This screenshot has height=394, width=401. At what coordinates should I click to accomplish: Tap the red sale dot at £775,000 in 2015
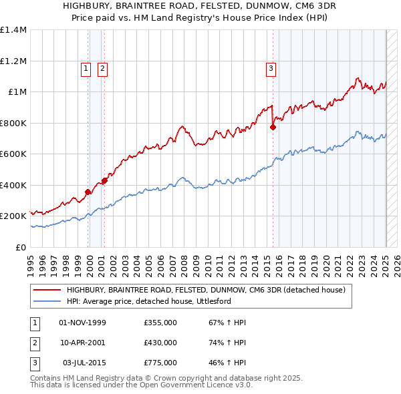point(273,127)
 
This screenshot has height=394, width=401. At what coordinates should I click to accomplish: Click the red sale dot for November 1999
point(88,192)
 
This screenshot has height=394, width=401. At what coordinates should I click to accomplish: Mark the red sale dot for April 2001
point(104,180)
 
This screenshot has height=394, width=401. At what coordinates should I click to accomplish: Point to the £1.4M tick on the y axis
point(13,30)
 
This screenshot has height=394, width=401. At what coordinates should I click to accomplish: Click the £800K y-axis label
point(13,123)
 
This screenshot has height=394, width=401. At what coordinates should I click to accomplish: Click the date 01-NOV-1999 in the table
point(83,323)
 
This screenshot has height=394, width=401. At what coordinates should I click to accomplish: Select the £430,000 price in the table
point(160,343)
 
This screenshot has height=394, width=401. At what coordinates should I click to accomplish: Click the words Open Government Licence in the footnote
point(200,385)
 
